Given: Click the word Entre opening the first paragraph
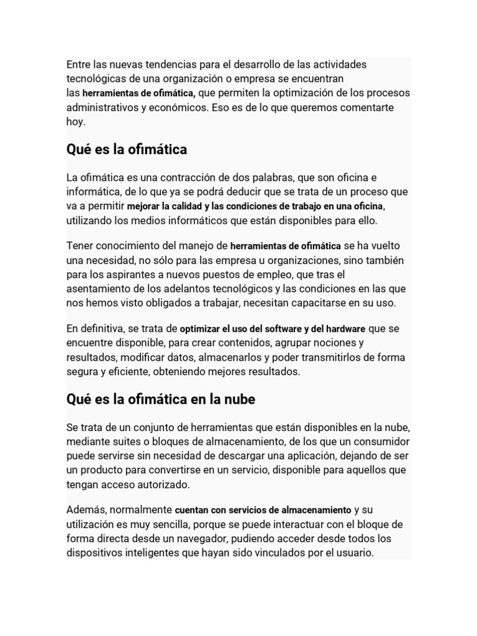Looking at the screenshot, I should pos(79,65).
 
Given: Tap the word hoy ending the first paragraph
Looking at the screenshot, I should pos(75,122).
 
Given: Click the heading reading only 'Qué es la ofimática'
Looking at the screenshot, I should pos(127,150).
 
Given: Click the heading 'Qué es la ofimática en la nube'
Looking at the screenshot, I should pos(161,399).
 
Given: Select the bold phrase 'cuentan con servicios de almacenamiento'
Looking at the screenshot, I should pos(263,510).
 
